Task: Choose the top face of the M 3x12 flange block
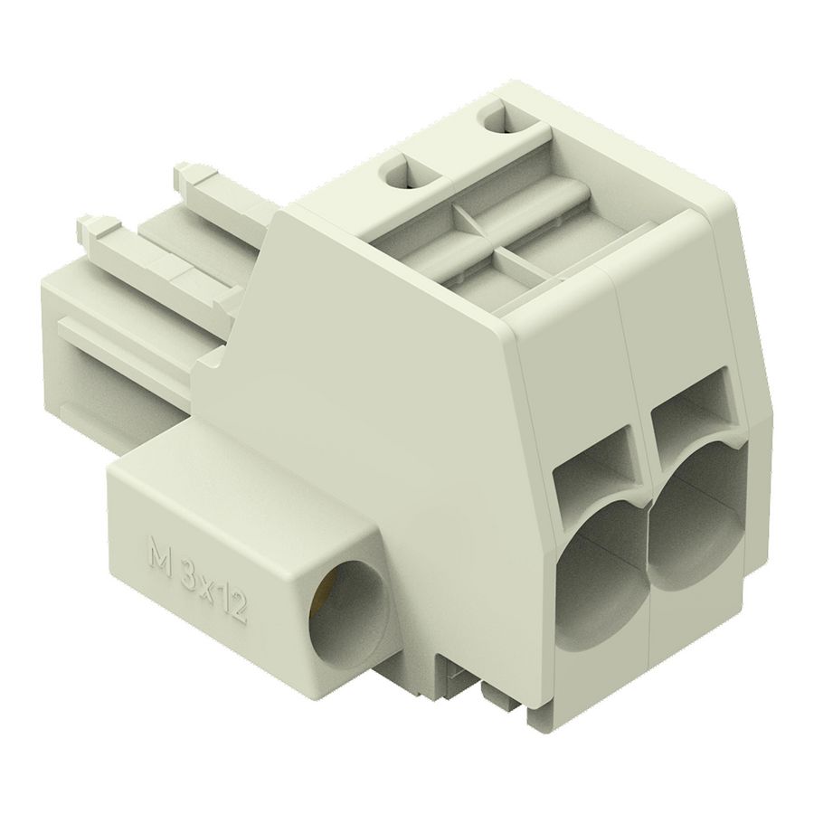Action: point(226,470)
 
